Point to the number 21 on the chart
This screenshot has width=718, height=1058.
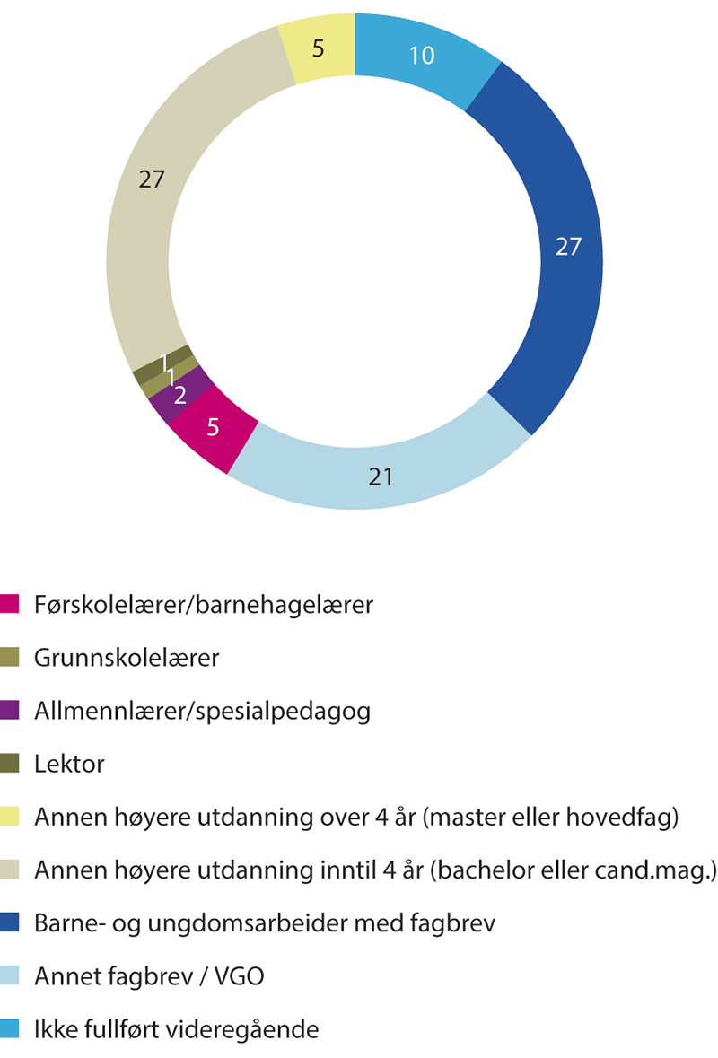point(381,477)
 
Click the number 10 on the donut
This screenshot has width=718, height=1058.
point(421,56)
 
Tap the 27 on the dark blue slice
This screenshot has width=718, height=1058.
point(567,247)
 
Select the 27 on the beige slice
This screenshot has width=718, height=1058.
point(151,179)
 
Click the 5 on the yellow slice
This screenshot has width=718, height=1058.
point(319,47)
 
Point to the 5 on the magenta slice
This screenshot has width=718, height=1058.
point(213,427)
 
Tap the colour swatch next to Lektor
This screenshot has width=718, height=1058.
point(11,765)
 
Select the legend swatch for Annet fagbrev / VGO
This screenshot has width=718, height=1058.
point(11,976)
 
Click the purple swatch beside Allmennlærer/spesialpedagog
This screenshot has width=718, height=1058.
point(11,712)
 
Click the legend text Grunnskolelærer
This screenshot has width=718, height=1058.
point(127,658)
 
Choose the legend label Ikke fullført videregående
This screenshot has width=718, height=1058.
point(176,1029)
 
